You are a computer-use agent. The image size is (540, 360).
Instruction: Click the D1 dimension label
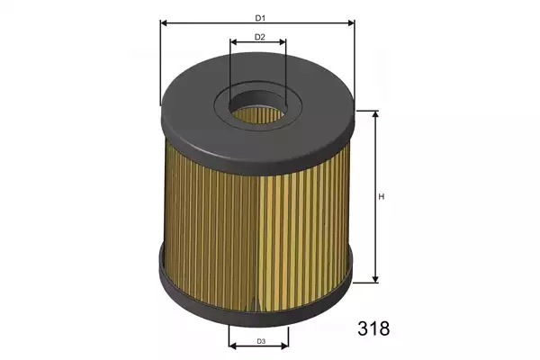pyautogui.click(x=260, y=18)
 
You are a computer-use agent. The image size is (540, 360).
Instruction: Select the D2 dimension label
pyautogui.click(x=260, y=37)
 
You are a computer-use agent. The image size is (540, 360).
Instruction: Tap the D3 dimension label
pyautogui.click(x=261, y=342)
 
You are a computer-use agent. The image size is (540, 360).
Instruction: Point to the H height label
pyautogui.click(x=382, y=197)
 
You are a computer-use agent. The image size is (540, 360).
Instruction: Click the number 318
pyautogui.click(x=373, y=328)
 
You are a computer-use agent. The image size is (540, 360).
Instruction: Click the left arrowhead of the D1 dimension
pyautogui.click(x=164, y=23)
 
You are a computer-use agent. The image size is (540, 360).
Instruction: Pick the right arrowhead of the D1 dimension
pyautogui.click(x=351, y=23)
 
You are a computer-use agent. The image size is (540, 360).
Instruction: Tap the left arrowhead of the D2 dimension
pyautogui.click(x=233, y=42)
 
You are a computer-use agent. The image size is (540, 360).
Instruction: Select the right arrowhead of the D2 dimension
pyautogui.click(x=283, y=42)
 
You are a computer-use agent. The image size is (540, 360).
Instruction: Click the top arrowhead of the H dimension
pyautogui.click(x=375, y=114)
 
